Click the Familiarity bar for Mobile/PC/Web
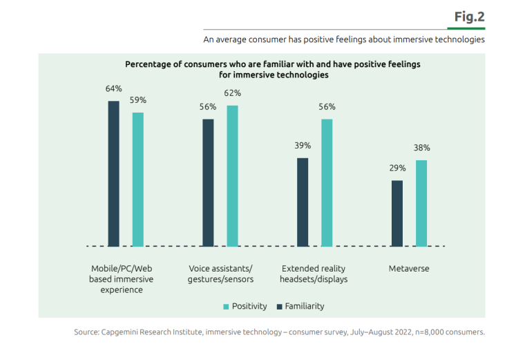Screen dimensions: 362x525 click(x=113, y=173)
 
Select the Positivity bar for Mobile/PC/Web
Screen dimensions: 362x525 click(x=138, y=179)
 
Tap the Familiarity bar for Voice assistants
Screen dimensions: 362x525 click(x=208, y=182)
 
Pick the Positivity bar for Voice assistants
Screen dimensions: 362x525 click(x=232, y=175)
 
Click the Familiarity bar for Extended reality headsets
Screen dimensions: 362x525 click(x=303, y=202)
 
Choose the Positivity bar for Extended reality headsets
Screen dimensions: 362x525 click(x=327, y=182)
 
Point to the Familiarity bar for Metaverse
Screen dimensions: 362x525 click(x=397, y=213)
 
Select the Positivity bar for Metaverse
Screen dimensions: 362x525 click(x=421, y=203)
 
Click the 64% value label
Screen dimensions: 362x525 click(x=114, y=88)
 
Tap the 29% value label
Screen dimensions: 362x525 click(x=397, y=168)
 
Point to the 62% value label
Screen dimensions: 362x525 click(x=232, y=93)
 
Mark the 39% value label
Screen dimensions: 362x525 click(x=303, y=145)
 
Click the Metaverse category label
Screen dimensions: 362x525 click(x=408, y=268)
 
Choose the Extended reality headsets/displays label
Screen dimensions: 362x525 click(x=314, y=274)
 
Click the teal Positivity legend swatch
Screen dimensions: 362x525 click(x=225, y=306)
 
